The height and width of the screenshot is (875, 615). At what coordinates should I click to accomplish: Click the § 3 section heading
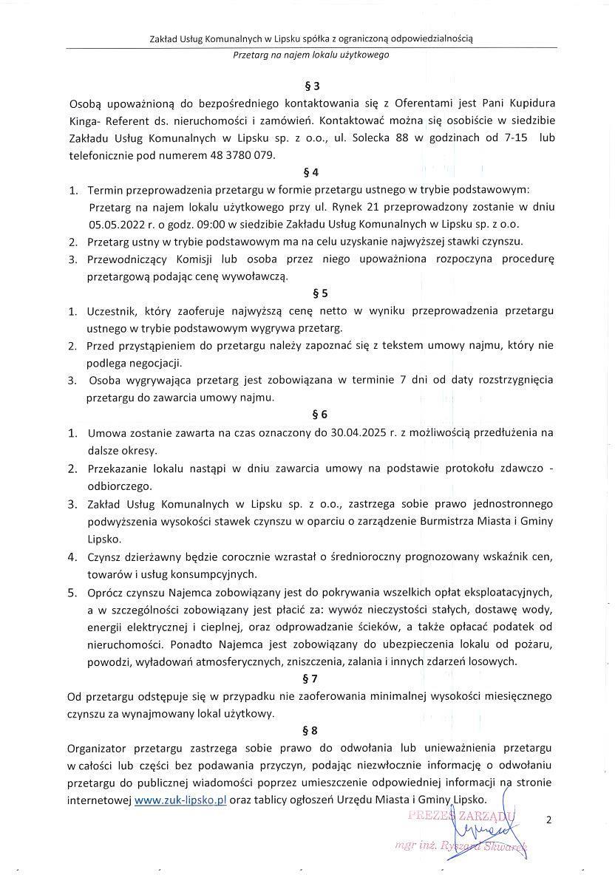click(310, 86)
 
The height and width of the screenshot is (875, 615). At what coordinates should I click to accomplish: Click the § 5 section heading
click(310, 293)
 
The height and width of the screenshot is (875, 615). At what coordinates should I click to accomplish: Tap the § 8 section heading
click(310, 730)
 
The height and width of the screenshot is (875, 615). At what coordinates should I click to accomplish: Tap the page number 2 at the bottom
click(548, 819)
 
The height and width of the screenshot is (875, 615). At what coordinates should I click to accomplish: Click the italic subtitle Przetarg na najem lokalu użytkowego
click(310, 55)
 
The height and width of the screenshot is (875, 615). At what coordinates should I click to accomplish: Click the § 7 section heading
click(310, 678)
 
